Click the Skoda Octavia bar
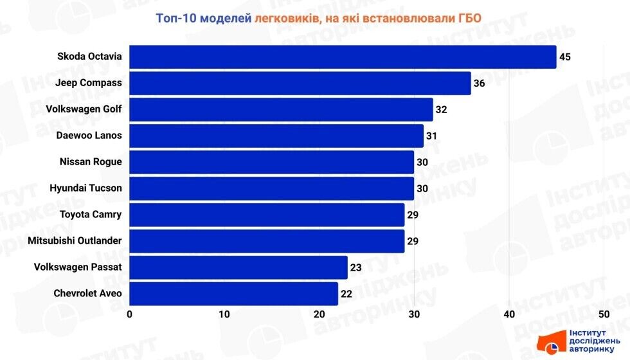click(343, 57)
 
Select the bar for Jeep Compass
click(300, 83)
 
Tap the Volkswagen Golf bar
click(281, 109)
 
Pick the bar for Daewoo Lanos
click(276, 136)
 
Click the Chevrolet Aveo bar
click(233, 294)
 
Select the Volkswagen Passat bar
click(239, 267)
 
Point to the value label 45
click(565, 57)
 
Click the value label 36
click(479, 83)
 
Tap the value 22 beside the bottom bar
click(346, 294)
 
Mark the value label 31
click(431, 136)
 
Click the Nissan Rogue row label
click(90, 162)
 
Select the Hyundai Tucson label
click(85, 188)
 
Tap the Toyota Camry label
click(90, 215)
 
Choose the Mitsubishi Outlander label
click(75, 241)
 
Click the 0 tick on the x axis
click(130, 314)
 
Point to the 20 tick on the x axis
click(319, 314)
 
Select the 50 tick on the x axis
click(603, 314)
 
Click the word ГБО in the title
click(469, 18)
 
